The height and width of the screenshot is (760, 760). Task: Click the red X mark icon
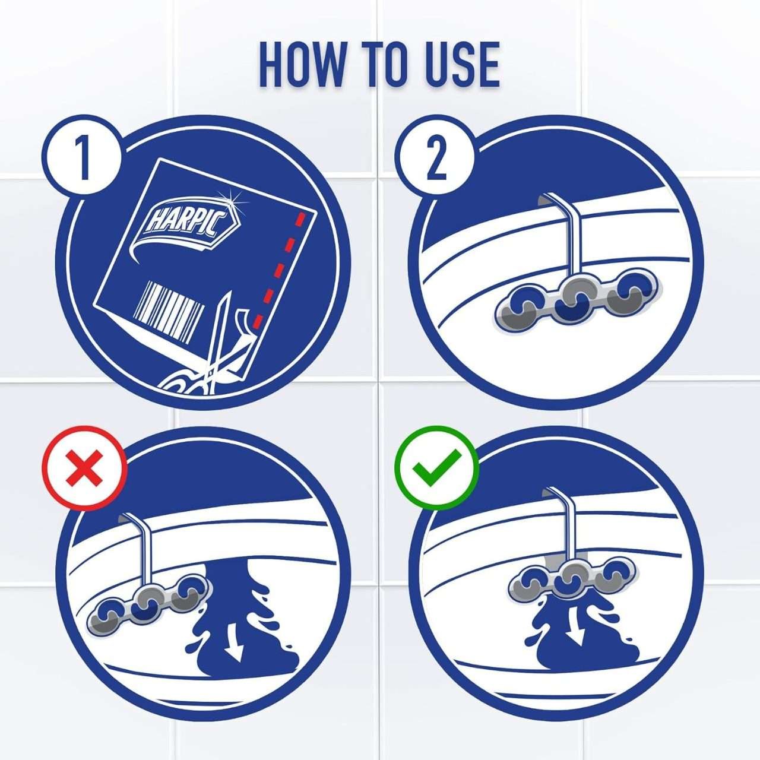(84, 468)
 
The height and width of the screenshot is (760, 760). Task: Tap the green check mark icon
(437, 468)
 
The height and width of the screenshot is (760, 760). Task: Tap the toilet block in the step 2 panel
(578, 300)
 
